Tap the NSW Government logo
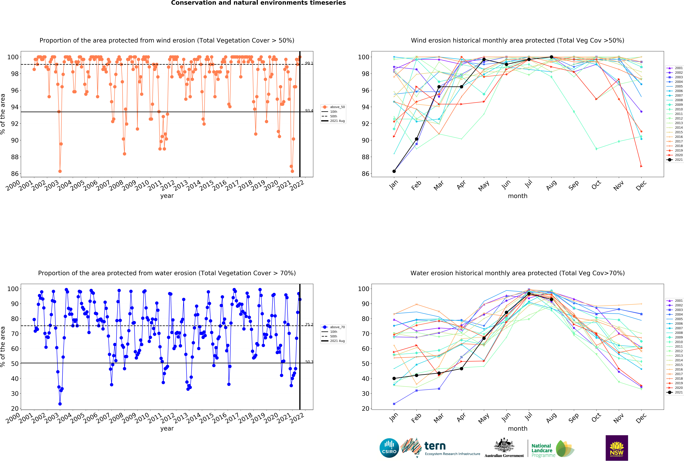click(x=617, y=448)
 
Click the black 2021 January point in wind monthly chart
click(x=394, y=171)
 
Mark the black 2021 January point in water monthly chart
click(x=394, y=378)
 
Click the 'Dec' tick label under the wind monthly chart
click(x=641, y=185)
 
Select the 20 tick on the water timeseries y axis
click(x=15, y=408)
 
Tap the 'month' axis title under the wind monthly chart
click(x=517, y=196)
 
